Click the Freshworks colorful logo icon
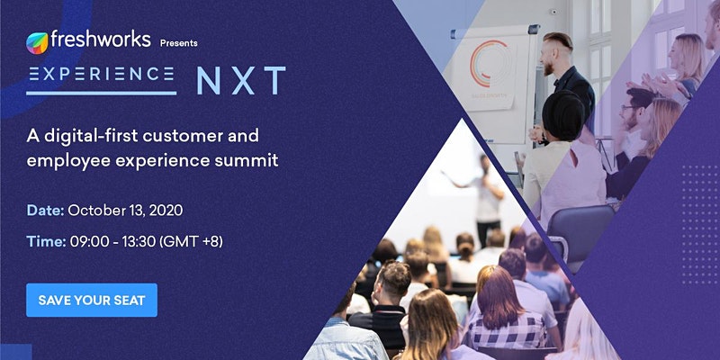(x=37, y=43)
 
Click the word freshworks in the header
(x=101, y=40)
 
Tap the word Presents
(x=178, y=43)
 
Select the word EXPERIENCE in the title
(x=102, y=74)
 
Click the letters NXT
(x=241, y=81)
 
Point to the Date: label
(x=45, y=211)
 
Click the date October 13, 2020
(x=125, y=211)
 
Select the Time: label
(x=46, y=241)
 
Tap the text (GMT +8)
(x=191, y=242)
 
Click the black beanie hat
(x=563, y=115)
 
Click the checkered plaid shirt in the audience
(x=505, y=331)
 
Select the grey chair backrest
(x=580, y=229)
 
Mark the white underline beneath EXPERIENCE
(x=102, y=93)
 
